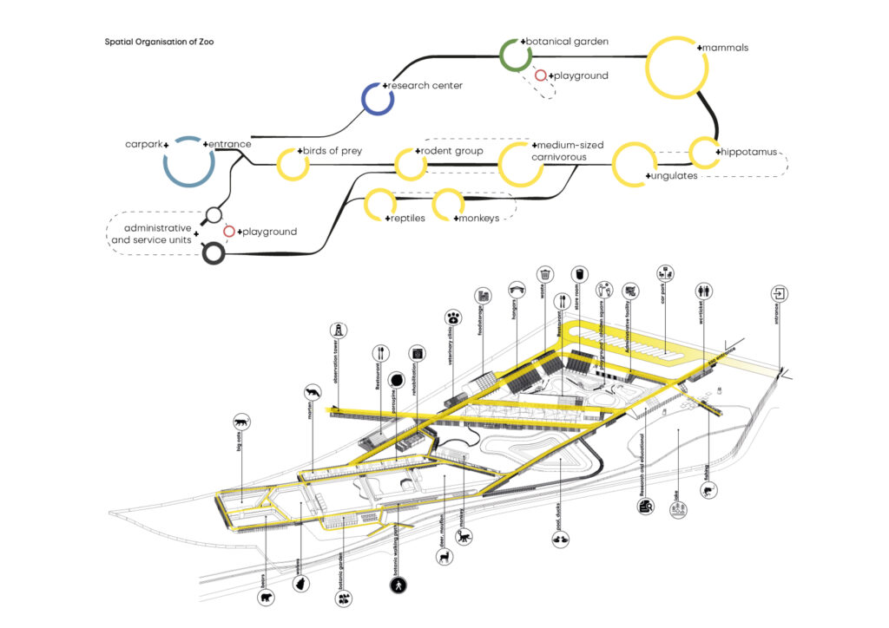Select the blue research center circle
(378, 97)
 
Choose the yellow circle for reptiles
(381, 205)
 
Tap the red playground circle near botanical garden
(541, 76)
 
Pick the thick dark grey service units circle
(213, 253)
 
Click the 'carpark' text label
(142, 143)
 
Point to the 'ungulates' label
(674, 176)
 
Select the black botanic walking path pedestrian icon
(398, 586)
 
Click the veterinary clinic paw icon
(453, 318)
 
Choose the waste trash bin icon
(544, 274)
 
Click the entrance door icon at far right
(780, 292)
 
